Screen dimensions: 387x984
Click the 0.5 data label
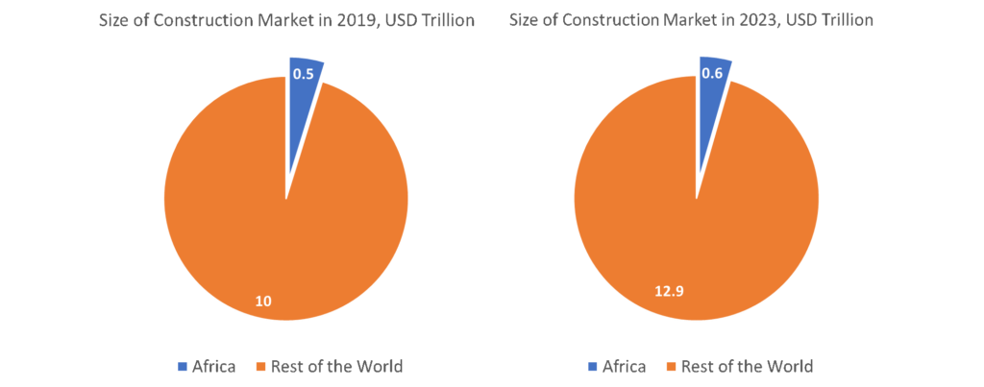(303, 74)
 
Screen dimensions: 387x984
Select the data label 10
(262, 302)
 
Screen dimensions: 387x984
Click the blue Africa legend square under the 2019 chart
(183, 366)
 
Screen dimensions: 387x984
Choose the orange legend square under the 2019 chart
(259, 366)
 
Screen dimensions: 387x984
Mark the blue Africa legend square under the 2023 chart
(593, 366)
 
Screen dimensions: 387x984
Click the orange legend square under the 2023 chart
(670, 366)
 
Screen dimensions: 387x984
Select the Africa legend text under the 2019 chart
(213, 366)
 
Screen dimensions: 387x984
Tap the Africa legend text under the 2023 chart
(624, 366)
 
